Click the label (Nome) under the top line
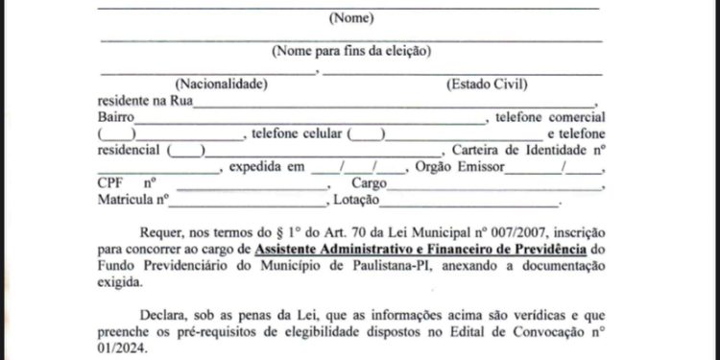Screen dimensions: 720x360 click(x=351, y=18)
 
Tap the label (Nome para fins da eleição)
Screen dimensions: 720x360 click(x=351, y=51)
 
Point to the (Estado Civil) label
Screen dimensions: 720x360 click(x=488, y=84)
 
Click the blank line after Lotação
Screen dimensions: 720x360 click(x=470, y=203)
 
